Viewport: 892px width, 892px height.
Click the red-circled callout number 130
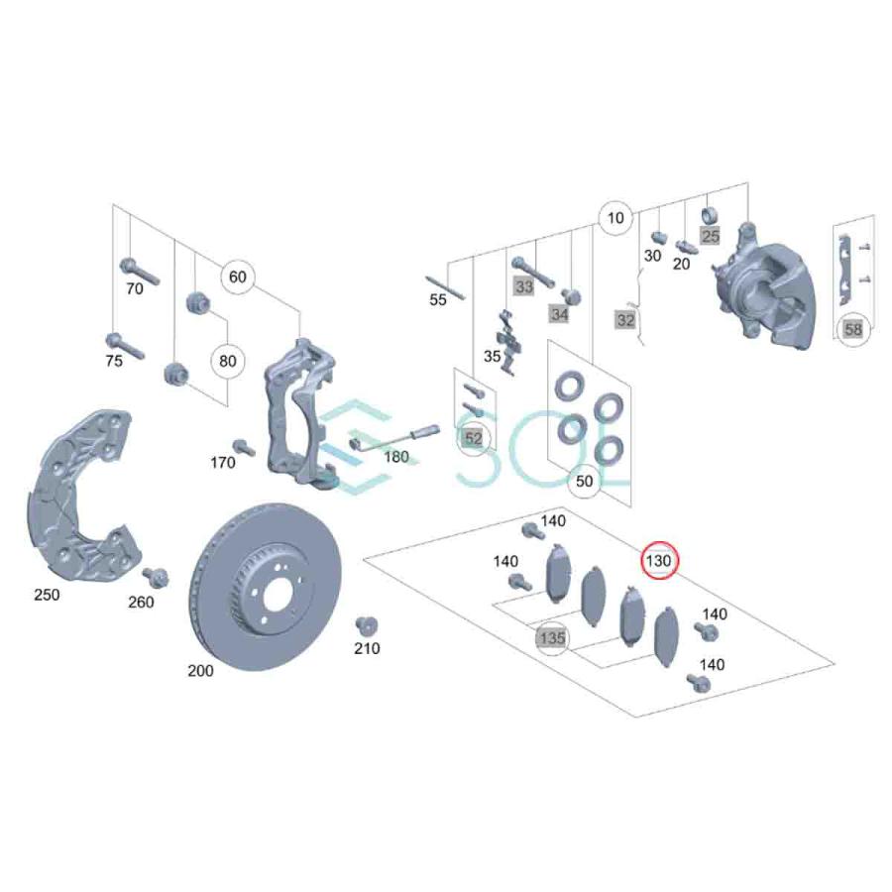click(659, 561)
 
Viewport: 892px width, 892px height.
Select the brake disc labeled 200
click(264, 587)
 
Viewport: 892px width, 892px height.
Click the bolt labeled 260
click(156, 578)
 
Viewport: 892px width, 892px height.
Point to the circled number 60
click(237, 278)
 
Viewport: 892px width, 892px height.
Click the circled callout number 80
click(228, 361)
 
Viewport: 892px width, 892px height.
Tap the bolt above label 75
click(125, 346)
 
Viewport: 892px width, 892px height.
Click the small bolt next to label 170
click(244, 447)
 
